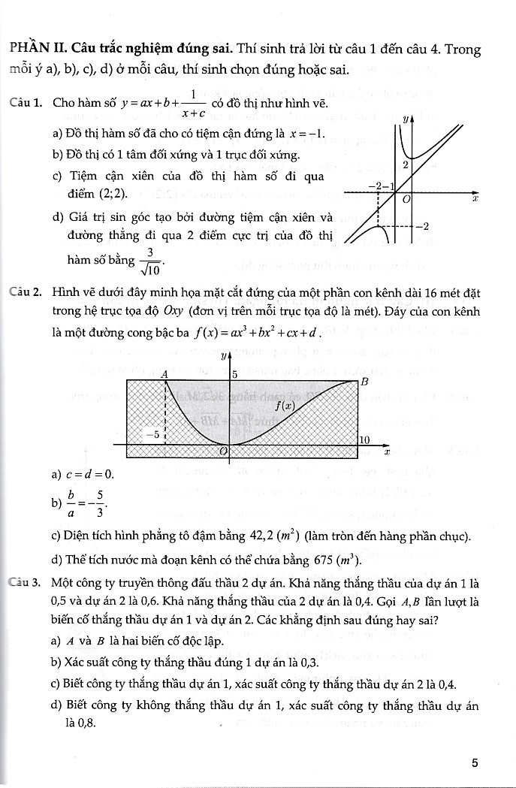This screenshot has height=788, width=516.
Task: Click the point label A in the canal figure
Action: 164,373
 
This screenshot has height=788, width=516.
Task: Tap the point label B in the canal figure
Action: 365,382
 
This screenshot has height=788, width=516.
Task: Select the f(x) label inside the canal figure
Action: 282,405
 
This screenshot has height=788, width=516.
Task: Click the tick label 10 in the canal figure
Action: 364,439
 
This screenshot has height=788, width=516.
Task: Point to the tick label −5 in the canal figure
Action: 152,434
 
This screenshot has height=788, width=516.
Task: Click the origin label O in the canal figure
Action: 222,450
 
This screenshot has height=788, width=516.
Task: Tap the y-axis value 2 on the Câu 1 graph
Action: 406,165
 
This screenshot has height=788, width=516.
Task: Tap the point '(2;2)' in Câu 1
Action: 112,193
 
